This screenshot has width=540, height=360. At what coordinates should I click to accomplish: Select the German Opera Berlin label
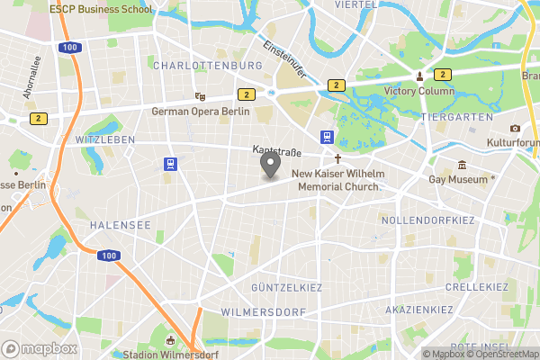point(200,111)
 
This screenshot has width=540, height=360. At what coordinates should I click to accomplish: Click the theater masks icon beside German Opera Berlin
point(200,95)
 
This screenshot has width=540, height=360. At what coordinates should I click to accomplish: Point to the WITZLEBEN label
point(105,140)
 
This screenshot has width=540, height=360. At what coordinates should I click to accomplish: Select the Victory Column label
point(419,91)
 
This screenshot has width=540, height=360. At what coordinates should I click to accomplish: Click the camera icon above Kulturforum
point(515,128)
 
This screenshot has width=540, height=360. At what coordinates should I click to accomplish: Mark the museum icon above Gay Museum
point(462,166)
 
